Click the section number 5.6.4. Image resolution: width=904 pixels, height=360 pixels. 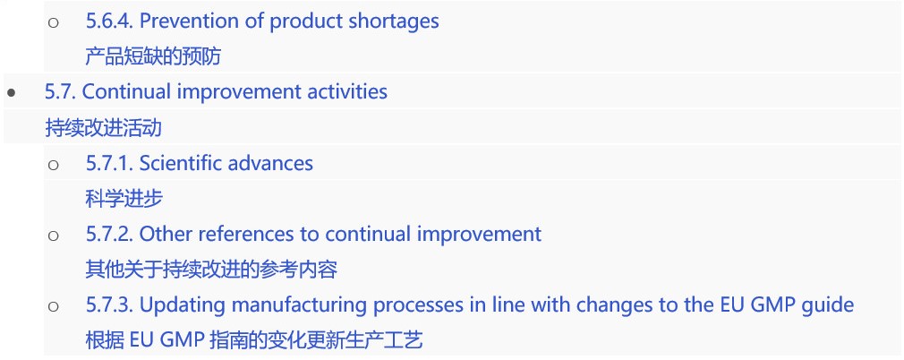pyautogui.click(x=109, y=21)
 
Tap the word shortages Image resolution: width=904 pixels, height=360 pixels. pyautogui.click(x=393, y=22)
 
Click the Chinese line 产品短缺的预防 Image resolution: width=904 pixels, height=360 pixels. pyautogui.click(x=153, y=56)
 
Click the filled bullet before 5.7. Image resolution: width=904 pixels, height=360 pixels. pyautogui.click(x=11, y=92)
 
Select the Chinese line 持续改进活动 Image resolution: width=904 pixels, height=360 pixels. pyautogui.click(x=103, y=127)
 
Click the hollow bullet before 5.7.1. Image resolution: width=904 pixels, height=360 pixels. pyautogui.click(x=53, y=165)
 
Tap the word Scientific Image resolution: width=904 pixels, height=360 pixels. pyautogui.click(x=181, y=163)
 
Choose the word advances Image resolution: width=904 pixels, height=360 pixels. pyautogui.click(x=270, y=163)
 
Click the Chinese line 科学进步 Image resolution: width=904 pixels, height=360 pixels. pyautogui.click(x=124, y=199)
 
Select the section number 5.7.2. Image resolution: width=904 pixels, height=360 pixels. pyautogui.click(x=109, y=235)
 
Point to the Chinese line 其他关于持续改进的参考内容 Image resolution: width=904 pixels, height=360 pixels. pyautogui.click(x=211, y=270)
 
